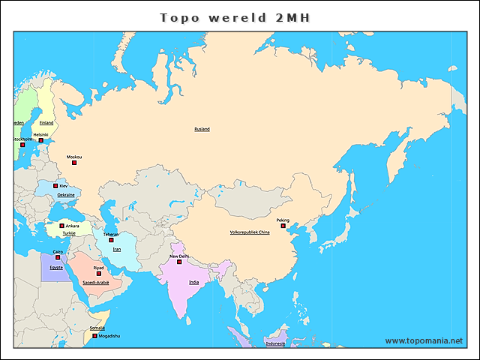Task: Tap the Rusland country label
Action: point(202,129)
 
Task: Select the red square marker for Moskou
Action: point(74,163)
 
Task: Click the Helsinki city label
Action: point(40,135)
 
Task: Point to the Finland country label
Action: point(46,122)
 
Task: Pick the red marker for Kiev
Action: point(55,185)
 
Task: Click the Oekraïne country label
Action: point(66,194)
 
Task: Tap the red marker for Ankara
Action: point(61,225)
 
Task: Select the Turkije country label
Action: point(69,233)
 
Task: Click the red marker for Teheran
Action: point(111,240)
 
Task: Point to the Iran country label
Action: point(117,249)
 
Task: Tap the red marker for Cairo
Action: point(58,257)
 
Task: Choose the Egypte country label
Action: point(56,267)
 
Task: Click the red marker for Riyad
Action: point(98,273)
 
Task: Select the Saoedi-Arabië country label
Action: point(95,283)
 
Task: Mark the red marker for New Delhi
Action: point(179,262)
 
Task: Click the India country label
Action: point(193,282)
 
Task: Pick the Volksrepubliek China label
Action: point(249,233)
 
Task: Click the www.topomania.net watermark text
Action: point(424,340)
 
